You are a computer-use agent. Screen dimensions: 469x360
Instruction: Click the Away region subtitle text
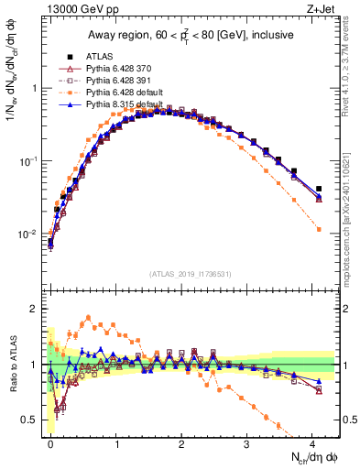[x=192, y=35]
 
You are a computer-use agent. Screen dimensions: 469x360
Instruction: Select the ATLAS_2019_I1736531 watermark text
[x=190, y=274]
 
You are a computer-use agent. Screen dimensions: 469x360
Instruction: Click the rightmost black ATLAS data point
[x=319, y=189]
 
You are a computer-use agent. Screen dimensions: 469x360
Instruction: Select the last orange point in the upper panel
[x=319, y=229]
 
